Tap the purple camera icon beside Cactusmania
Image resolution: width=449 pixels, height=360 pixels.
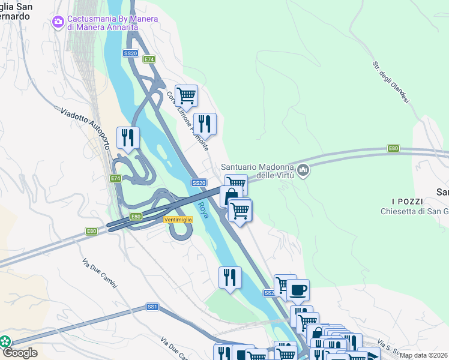pos(58,22)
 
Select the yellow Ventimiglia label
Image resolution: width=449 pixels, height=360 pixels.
pos(178,220)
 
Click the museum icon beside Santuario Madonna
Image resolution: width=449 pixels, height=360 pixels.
pos(304,171)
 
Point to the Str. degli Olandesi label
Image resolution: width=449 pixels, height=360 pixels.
pos(391,84)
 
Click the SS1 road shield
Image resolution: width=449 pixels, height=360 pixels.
pos(152,307)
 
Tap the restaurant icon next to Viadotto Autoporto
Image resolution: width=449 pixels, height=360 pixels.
pos(128,138)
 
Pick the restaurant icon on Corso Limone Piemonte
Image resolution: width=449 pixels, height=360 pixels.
pos(205,124)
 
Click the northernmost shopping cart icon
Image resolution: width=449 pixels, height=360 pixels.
pos(186,95)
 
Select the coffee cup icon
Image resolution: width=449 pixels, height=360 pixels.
pos(298,290)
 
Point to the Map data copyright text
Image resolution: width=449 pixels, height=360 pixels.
pos(424,355)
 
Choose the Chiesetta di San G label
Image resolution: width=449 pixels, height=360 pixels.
pos(414,211)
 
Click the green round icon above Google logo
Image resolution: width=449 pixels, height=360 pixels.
pos(5,341)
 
